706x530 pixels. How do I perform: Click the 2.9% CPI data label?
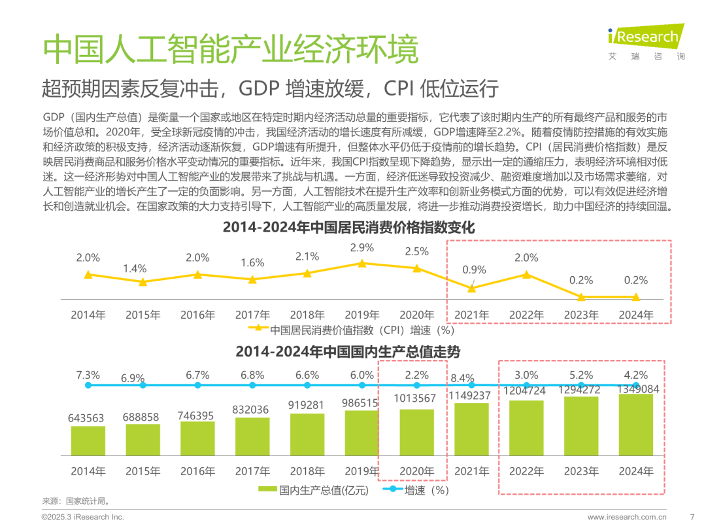pyautogui.click(x=361, y=248)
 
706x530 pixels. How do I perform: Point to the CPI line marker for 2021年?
pyautogui.click(x=472, y=288)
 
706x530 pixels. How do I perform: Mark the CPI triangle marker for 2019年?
pyautogui.click(x=361, y=263)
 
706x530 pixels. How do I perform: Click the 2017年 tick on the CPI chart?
pyautogui.click(x=252, y=315)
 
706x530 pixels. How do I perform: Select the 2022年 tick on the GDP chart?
pyautogui.click(x=526, y=471)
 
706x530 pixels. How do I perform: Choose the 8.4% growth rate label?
pyautogui.click(x=462, y=378)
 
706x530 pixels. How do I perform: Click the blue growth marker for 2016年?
pyautogui.click(x=197, y=385)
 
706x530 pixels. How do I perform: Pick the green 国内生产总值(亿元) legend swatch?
pyautogui.click(x=267, y=489)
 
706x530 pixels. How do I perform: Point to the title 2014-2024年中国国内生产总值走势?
pyautogui.click(x=348, y=351)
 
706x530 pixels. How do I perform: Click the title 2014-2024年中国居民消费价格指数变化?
pyautogui.click(x=348, y=228)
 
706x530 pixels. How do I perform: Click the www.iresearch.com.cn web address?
pyautogui.click(x=628, y=517)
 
